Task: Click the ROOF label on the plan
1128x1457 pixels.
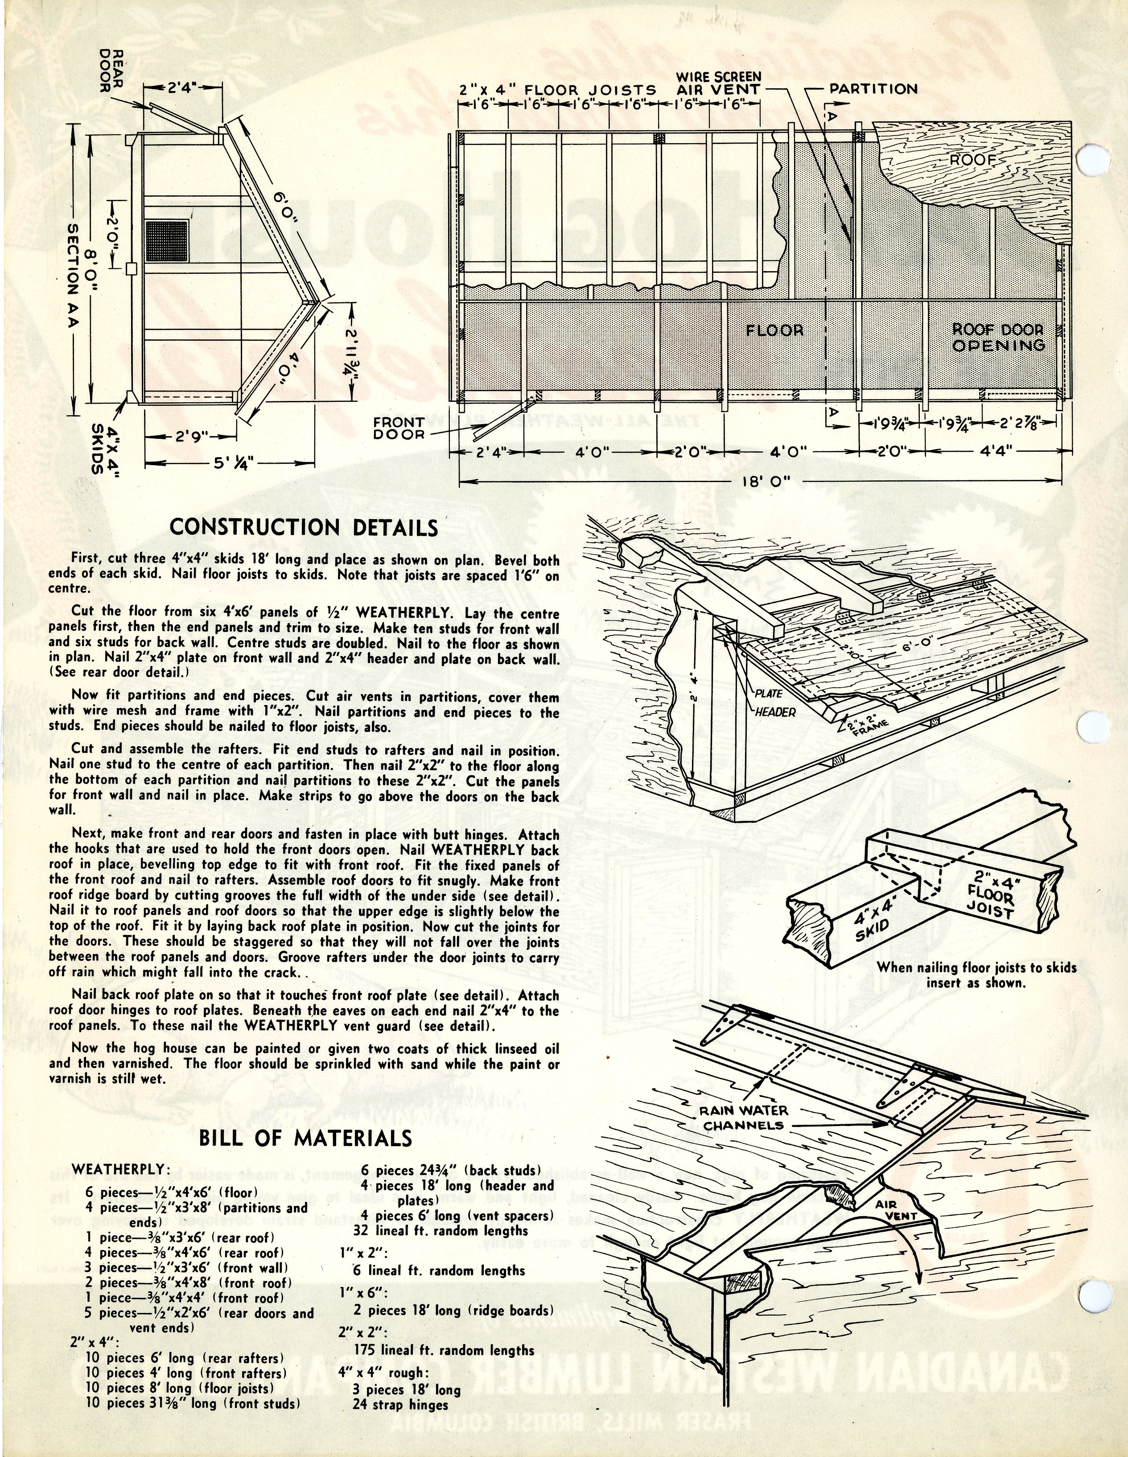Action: pos(972,160)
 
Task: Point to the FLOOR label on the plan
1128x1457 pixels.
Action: pos(774,330)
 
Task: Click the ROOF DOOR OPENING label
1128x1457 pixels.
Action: pos(998,337)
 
